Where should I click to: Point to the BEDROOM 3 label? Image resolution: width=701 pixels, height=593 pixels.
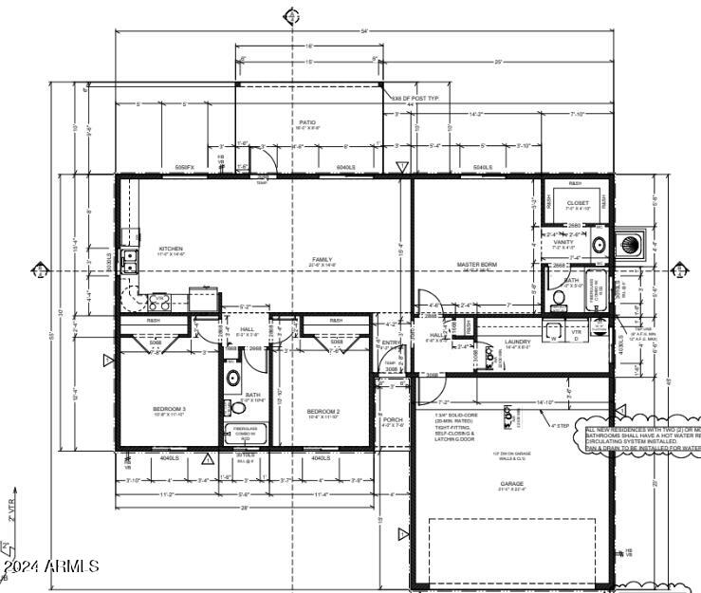pyautogui.click(x=170, y=409)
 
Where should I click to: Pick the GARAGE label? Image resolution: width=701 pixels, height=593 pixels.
pyautogui.click(x=512, y=483)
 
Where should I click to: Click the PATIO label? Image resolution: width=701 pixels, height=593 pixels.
pyautogui.click(x=307, y=122)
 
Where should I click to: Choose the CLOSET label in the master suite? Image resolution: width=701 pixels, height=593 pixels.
pyautogui.click(x=578, y=203)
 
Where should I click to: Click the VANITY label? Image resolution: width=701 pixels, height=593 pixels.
pyautogui.click(x=563, y=242)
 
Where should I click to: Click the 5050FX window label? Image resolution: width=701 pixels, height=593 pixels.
pyautogui.click(x=184, y=168)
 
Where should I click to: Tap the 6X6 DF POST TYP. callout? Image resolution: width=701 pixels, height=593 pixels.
pyautogui.click(x=415, y=98)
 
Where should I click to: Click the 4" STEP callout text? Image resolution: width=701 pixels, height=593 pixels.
pyautogui.click(x=561, y=426)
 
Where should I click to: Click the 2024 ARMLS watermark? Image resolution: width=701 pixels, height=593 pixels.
pyautogui.click(x=52, y=566)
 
